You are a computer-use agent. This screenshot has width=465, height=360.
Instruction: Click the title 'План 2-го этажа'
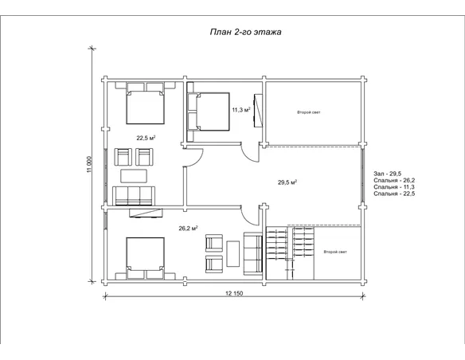[x=245, y=32]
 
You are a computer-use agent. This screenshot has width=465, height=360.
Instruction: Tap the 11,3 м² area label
[x=241, y=110]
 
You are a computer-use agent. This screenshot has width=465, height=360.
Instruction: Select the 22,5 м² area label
[x=146, y=138]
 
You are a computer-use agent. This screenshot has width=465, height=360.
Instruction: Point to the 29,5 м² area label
[x=287, y=182]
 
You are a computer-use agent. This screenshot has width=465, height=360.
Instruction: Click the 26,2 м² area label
[x=189, y=229]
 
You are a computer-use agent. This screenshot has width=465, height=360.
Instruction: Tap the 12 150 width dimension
[x=234, y=293]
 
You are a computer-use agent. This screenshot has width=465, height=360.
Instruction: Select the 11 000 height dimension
[x=90, y=165]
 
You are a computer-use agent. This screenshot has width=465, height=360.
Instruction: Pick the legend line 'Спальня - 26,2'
[x=394, y=180]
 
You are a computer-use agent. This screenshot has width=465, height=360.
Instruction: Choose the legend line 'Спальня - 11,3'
[x=394, y=187]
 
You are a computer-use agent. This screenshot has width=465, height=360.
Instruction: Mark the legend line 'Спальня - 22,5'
[x=394, y=194]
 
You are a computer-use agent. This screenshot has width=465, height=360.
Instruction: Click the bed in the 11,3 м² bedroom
[x=209, y=112]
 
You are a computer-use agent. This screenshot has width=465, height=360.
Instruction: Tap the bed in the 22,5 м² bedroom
[x=145, y=104]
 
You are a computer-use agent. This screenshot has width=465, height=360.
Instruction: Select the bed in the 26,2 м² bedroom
[x=145, y=258]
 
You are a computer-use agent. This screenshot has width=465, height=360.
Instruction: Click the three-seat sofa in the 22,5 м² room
[x=134, y=196]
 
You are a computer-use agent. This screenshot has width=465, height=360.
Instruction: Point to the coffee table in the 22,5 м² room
[x=134, y=176]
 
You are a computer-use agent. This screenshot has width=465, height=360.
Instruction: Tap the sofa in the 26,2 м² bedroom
[x=253, y=253]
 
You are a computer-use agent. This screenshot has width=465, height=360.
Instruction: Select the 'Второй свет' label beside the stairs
[x=335, y=252]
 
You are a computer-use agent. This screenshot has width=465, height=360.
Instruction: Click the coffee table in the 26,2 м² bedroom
[x=233, y=254]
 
